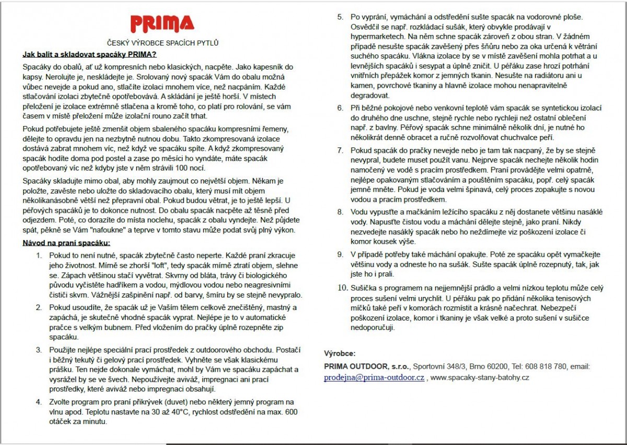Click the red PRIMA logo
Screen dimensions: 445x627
162,24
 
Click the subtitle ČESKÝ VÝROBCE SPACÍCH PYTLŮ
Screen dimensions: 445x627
162,43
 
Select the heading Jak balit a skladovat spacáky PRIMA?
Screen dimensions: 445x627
89,54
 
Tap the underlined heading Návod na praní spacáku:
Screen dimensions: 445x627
66,243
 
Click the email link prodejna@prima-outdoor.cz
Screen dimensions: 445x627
374,377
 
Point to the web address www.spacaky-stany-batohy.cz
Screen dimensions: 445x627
480,377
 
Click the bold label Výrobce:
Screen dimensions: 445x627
340,353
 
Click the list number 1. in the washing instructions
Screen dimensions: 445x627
40,256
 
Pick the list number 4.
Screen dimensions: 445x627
39,402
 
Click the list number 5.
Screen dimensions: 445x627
340,17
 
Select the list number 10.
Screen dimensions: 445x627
342,288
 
